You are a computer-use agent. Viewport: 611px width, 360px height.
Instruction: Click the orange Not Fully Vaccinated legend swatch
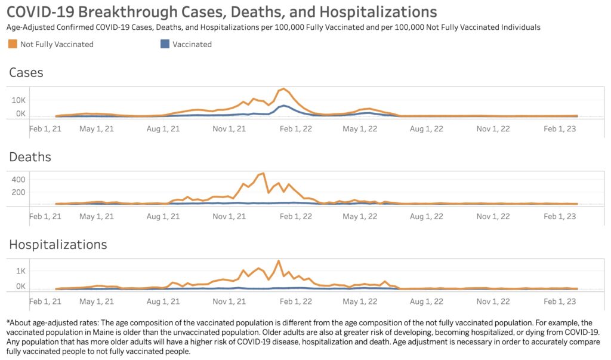pos(13,44)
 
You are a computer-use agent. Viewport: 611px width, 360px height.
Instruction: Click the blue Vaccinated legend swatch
pos(165,44)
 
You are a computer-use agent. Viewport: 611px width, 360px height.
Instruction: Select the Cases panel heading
pos(26,73)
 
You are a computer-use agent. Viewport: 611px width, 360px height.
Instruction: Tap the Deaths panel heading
pos(30,157)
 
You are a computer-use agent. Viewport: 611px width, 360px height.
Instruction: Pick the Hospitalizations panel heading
pos(58,245)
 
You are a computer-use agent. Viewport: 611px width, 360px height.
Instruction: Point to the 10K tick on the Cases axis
pos(18,100)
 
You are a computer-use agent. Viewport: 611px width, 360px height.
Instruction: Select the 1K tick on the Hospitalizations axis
pos(20,270)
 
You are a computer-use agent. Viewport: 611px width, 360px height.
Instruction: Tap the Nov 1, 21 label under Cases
pos(229,128)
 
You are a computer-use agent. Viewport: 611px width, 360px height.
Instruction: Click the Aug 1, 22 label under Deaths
pos(427,216)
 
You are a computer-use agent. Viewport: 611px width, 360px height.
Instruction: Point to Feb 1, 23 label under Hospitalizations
pos(559,301)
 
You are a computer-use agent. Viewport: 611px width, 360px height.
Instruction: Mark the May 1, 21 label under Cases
pos(97,128)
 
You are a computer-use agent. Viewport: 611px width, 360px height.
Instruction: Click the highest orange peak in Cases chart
pos(284,89)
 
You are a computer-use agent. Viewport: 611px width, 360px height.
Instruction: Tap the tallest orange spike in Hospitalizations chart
pos(278,260)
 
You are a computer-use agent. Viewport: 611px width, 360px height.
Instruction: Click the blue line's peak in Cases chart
pos(284,105)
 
